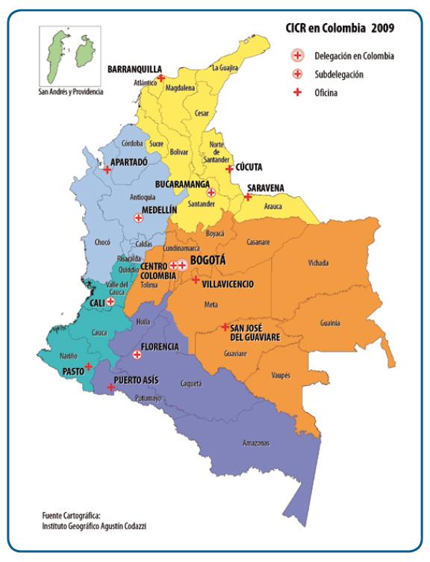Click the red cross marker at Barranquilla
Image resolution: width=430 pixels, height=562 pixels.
click(161, 77)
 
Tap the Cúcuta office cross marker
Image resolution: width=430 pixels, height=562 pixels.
click(229, 169)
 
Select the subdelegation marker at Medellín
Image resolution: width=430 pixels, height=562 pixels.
click(138, 218)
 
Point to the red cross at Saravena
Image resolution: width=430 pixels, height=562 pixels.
click(247, 197)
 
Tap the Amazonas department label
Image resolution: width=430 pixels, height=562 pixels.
click(256, 443)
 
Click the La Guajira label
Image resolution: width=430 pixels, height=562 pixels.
click(225, 68)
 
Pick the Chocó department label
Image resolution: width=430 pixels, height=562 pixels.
click(104, 242)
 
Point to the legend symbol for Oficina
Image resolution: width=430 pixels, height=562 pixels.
click(296, 93)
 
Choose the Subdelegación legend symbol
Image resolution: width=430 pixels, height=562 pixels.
click(296, 74)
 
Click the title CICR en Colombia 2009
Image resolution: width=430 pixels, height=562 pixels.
click(340, 28)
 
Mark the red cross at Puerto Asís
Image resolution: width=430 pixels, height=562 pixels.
click(110, 387)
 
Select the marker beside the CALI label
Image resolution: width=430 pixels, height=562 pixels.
click(110, 302)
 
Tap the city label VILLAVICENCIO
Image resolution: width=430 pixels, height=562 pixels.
click(228, 284)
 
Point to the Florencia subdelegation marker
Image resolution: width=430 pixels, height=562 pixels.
click(137, 355)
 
